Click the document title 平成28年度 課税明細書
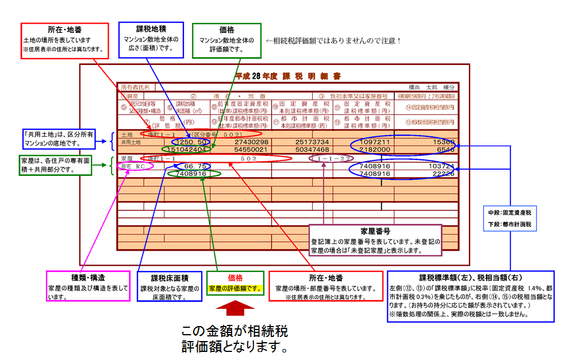tap(287, 76)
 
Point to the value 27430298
tap(251, 141)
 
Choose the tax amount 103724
tap(441, 166)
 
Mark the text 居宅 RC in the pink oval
tap(133, 166)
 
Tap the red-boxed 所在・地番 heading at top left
tap(64, 29)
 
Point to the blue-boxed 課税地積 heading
tap(151, 29)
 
